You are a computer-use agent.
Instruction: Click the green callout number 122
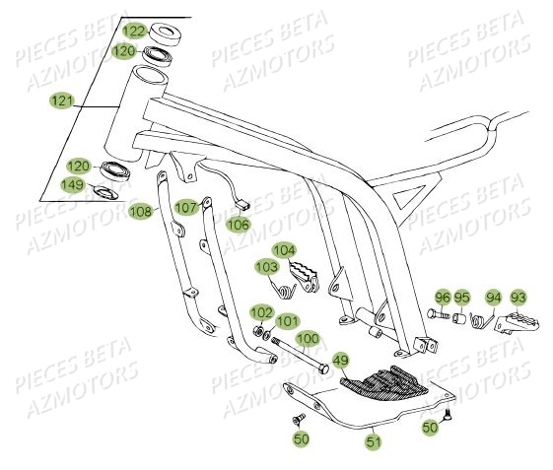[131, 31]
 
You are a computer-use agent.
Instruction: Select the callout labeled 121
[62, 100]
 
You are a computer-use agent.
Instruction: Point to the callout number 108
[141, 210]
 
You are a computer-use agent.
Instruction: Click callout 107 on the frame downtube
[185, 208]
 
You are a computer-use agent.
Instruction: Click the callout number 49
[339, 360]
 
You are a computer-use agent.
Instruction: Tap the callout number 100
[309, 338]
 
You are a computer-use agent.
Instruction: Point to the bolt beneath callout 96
[438, 315]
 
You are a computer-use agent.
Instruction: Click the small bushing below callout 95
[460, 317]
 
